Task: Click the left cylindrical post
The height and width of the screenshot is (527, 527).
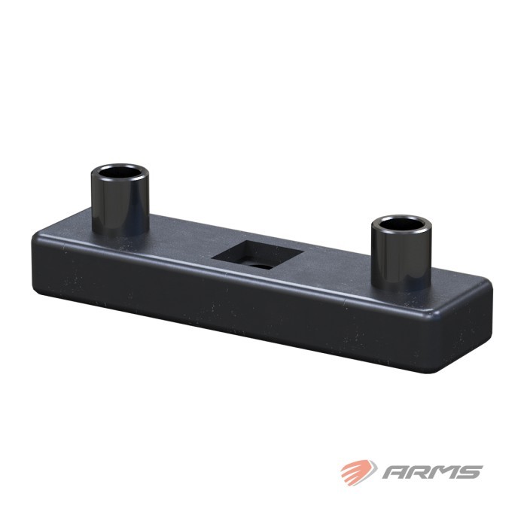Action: tap(120, 200)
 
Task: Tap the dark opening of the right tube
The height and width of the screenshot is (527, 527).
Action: tap(401, 225)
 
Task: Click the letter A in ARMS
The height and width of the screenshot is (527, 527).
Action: tap(396, 472)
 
